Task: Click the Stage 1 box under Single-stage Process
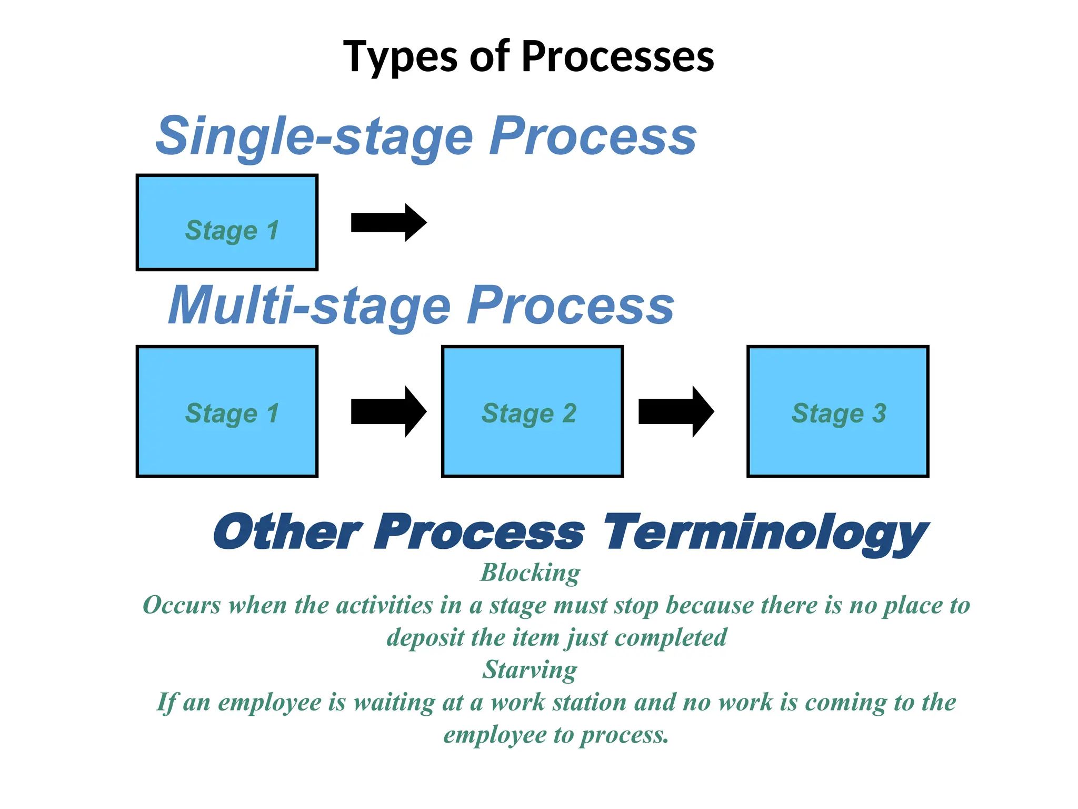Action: click(227, 223)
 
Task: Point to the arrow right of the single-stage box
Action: click(388, 223)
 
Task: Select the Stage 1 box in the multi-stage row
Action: click(227, 412)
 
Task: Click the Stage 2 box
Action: click(532, 412)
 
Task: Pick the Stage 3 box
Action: click(837, 412)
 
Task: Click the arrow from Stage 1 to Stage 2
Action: click(388, 412)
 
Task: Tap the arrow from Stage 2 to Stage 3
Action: click(676, 412)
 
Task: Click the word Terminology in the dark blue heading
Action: click(766, 533)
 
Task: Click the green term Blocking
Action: click(530, 573)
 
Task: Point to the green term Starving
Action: click(530, 670)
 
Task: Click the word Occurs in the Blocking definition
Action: click(182, 605)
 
